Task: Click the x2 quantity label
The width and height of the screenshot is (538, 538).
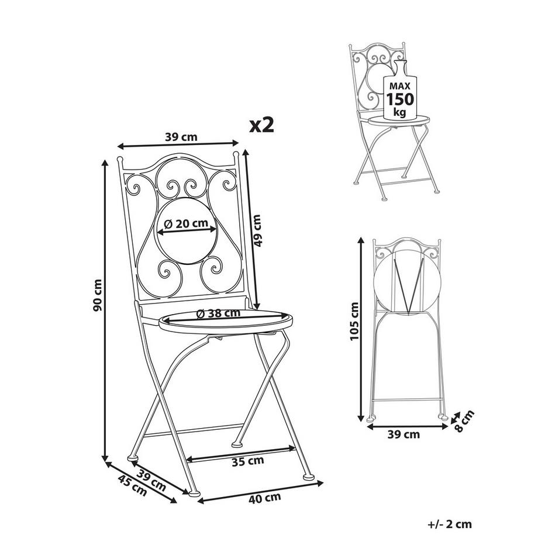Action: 262,126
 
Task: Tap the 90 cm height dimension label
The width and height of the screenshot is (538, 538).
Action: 97,295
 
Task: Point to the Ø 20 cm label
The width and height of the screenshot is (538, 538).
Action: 186,224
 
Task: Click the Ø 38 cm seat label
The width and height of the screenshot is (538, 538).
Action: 218,313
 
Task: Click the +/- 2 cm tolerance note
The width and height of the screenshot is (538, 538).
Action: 450,524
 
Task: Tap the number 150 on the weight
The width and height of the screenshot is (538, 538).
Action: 400,99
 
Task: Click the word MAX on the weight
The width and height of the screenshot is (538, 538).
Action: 400,86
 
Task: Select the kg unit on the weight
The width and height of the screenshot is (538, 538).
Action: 400,112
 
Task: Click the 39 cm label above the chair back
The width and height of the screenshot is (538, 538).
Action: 181,137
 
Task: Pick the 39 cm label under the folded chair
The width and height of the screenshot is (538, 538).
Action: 403,434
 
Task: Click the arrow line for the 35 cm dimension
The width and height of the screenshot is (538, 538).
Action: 240,453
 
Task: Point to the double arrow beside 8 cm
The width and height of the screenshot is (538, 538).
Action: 456,417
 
